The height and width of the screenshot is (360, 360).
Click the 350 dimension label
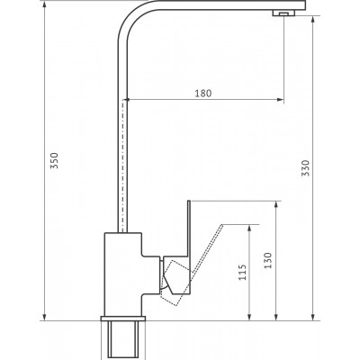(x=54, y=160)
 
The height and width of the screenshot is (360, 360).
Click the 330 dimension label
(x=305, y=168)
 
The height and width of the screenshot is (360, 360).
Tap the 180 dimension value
(x=203, y=94)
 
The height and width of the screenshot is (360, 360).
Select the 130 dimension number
(x=267, y=260)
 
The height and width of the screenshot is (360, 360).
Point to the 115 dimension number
(x=242, y=272)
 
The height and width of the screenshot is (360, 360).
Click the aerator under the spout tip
(x=283, y=13)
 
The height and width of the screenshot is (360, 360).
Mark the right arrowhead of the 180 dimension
(x=280, y=100)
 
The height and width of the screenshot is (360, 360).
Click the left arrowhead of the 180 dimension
(x=127, y=100)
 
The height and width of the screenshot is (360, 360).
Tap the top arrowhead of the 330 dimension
(x=313, y=20)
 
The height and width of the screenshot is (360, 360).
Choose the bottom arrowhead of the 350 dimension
(x=44, y=317)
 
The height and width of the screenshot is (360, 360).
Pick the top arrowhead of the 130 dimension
(x=276, y=204)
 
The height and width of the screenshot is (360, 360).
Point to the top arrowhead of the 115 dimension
(x=249, y=228)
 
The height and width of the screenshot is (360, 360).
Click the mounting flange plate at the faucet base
(x=122, y=319)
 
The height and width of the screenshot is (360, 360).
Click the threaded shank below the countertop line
(x=122, y=340)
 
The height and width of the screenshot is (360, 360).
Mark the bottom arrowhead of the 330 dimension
(x=313, y=317)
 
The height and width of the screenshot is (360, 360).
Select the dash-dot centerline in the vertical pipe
(x=123, y=166)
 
